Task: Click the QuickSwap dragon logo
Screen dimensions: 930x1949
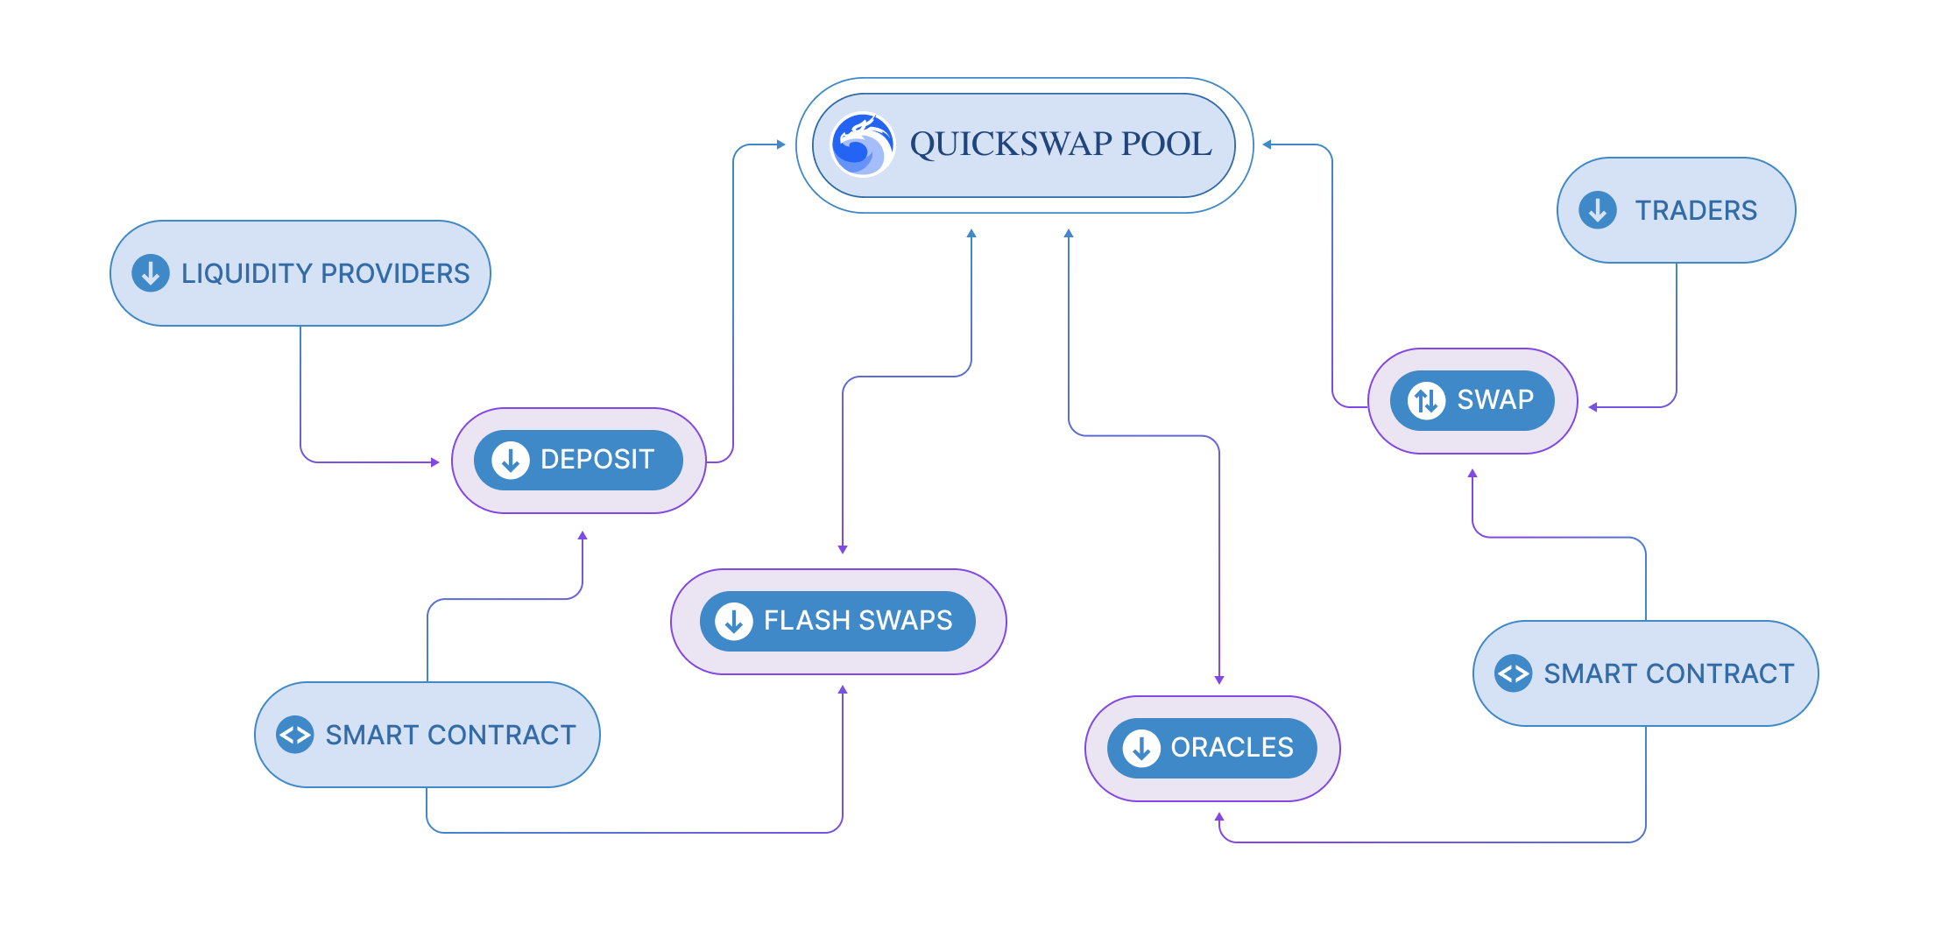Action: click(x=863, y=144)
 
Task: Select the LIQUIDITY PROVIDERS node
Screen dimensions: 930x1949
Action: click(x=300, y=273)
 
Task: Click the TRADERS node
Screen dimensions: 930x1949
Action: click(x=1676, y=210)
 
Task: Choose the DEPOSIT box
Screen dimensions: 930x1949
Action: click(x=579, y=460)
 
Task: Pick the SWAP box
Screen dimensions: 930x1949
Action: click(x=1472, y=400)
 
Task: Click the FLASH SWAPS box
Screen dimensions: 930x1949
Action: click(x=838, y=621)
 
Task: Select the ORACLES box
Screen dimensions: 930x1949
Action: click(x=1212, y=748)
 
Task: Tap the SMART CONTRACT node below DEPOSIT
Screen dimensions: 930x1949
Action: click(x=427, y=735)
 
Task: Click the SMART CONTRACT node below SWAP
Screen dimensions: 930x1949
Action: click(x=1646, y=673)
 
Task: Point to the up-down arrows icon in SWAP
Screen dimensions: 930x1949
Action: click(x=1426, y=401)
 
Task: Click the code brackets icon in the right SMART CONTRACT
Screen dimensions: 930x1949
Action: click(x=1513, y=673)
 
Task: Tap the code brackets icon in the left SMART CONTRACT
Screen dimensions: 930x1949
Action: click(x=294, y=735)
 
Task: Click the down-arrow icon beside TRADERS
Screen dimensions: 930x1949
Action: click(x=1598, y=210)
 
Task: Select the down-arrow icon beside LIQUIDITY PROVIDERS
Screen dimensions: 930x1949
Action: click(x=151, y=273)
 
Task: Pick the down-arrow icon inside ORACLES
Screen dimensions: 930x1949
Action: click(x=1141, y=748)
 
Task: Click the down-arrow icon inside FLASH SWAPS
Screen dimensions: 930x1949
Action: click(x=734, y=621)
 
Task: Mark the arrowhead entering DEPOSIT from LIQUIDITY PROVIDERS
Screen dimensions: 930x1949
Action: click(x=435, y=462)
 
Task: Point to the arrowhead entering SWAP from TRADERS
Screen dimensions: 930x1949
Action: click(x=1592, y=407)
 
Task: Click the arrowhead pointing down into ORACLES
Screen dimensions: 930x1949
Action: click(x=1219, y=680)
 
